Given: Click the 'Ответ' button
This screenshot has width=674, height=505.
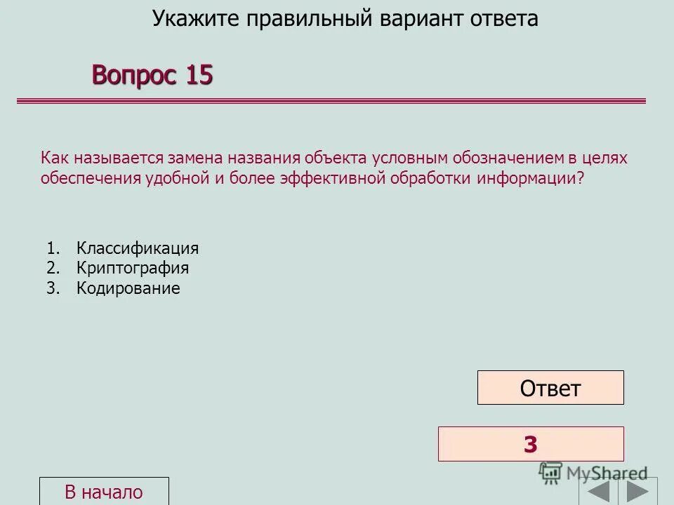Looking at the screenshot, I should [550, 388].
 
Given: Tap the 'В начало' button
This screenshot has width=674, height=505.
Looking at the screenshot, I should [104, 492].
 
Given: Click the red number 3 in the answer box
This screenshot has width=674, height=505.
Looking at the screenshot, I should [530, 444].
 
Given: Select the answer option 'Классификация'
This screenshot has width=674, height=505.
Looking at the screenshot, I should [138, 248].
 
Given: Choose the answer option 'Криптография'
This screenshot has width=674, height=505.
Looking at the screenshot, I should [133, 268].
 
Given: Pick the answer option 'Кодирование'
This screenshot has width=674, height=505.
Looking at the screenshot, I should [128, 288].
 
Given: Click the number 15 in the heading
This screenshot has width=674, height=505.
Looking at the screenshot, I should [199, 74].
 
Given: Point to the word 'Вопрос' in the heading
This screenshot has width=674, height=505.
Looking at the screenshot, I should [134, 74].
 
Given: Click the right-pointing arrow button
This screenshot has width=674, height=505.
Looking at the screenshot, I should [637, 490].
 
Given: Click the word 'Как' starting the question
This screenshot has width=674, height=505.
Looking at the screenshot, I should [53, 159].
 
